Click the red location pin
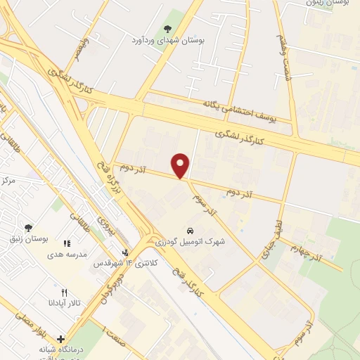(181, 165)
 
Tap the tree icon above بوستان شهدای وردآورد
(167, 29)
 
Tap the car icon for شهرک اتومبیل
(191, 231)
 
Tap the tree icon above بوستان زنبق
(28, 228)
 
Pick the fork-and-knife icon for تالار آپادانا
(65, 292)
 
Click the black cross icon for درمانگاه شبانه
(60, 339)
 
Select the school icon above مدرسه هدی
(67, 243)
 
